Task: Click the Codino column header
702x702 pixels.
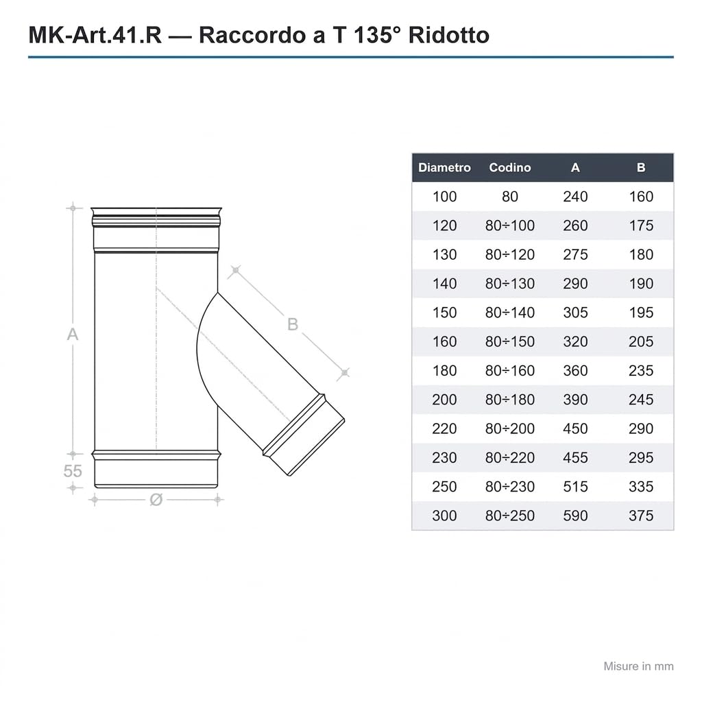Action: tap(509, 167)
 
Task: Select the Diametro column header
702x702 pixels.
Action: tap(444, 167)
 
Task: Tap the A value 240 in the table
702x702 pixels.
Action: tap(575, 197)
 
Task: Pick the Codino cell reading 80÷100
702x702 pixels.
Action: tap(509, 226)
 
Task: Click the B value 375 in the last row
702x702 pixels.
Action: tap(641, 516)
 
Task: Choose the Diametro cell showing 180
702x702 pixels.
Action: tap(444, 371)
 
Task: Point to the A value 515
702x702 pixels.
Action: tap(575, 487)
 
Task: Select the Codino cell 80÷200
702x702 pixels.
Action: tap(509, 429)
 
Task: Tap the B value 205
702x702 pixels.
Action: tap(641, 341)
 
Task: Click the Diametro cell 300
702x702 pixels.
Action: tap(444, 516)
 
